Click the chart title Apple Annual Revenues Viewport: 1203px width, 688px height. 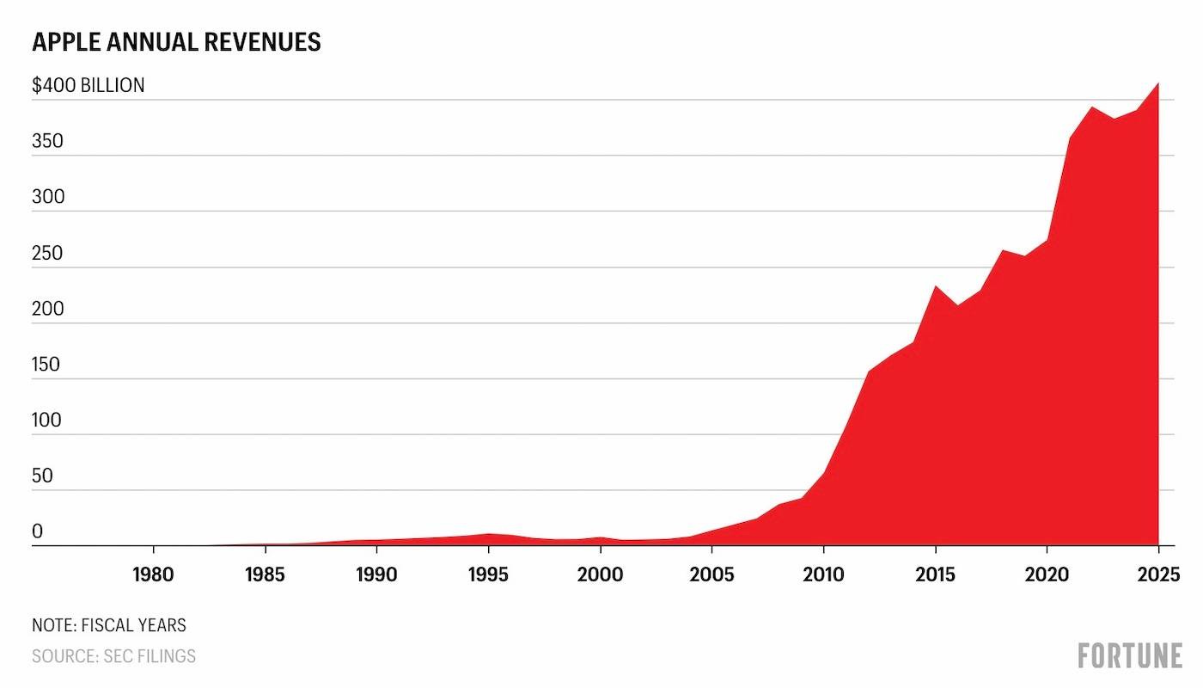176,42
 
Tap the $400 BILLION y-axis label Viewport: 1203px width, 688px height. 88,85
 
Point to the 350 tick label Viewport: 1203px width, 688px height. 48,141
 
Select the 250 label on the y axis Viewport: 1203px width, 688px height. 48,253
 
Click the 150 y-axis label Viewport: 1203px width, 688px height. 46,365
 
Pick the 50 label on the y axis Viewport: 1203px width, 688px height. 42,476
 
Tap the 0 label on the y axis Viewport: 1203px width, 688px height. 37,531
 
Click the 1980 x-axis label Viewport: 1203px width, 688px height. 153,575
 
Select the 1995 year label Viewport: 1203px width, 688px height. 488,575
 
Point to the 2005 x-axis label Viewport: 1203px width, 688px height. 711,575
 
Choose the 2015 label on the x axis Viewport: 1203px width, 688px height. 936,575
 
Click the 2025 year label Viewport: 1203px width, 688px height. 1158,575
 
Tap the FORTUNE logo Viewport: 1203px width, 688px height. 1130,655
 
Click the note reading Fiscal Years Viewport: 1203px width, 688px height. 109,626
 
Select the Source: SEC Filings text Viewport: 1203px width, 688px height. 113,656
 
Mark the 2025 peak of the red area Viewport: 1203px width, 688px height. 1158,83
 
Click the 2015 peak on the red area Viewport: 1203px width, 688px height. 936,286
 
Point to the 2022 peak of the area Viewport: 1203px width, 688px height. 1092,107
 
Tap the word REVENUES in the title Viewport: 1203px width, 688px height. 262,42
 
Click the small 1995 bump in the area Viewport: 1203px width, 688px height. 488,534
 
